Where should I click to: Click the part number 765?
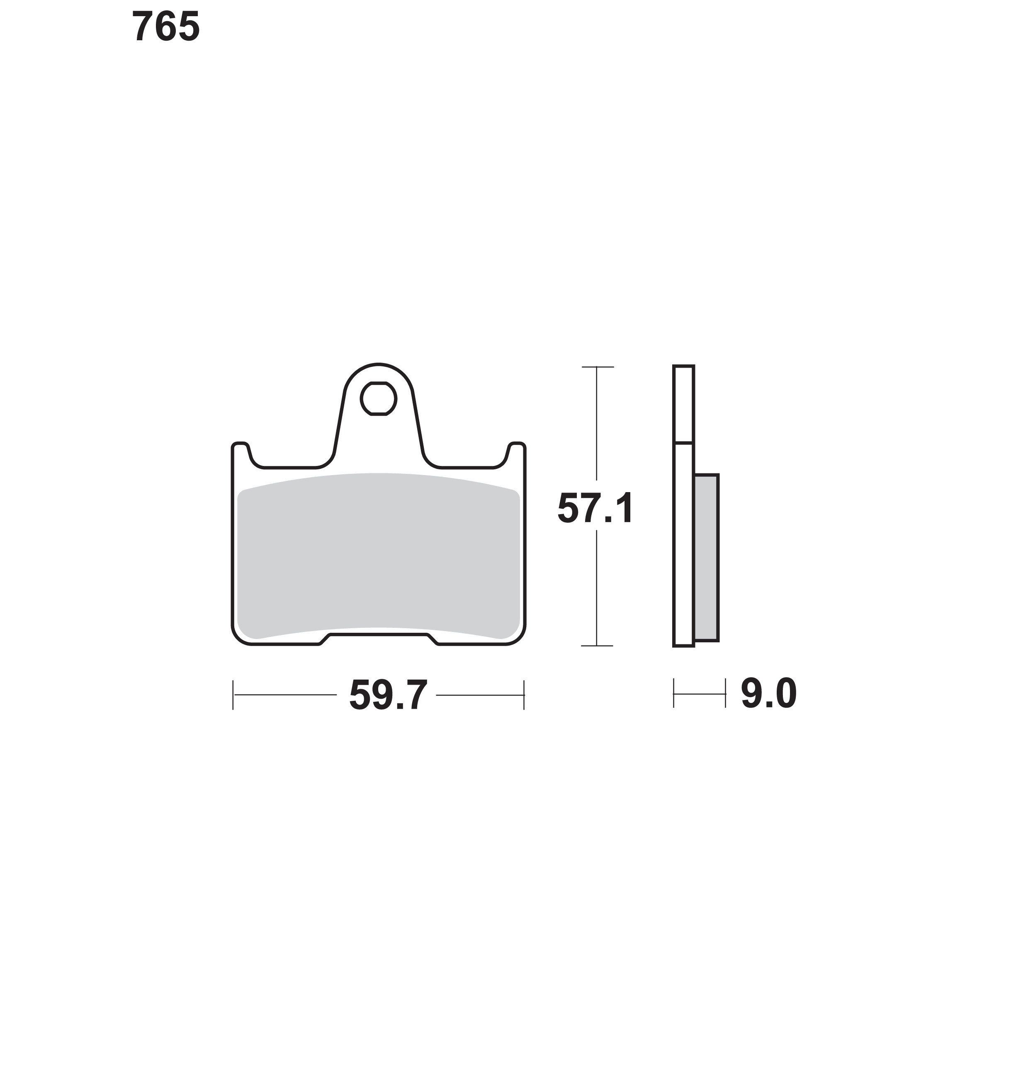pyautogui.click(x=166, y=26)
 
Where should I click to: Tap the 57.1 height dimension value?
pyautogui.click(x=595, y=508)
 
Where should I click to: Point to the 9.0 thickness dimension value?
pyautogui.click(x=769, y=694)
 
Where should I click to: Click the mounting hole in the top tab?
pyautogui.click(x=378, y=399)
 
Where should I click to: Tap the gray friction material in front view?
pyautogui.click(x=379, y=556)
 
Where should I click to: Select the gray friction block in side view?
pyautogui.click(x=706, y=558)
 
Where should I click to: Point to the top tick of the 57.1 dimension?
pyautogui.click(x=597, y=367)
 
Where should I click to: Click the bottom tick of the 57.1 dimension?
pyautogui.click(x=597, y=646)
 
